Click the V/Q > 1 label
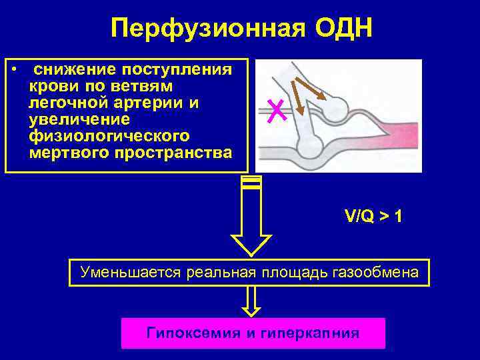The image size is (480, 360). click(x=373, y=216)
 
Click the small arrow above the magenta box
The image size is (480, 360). click(x=251, y=301)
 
